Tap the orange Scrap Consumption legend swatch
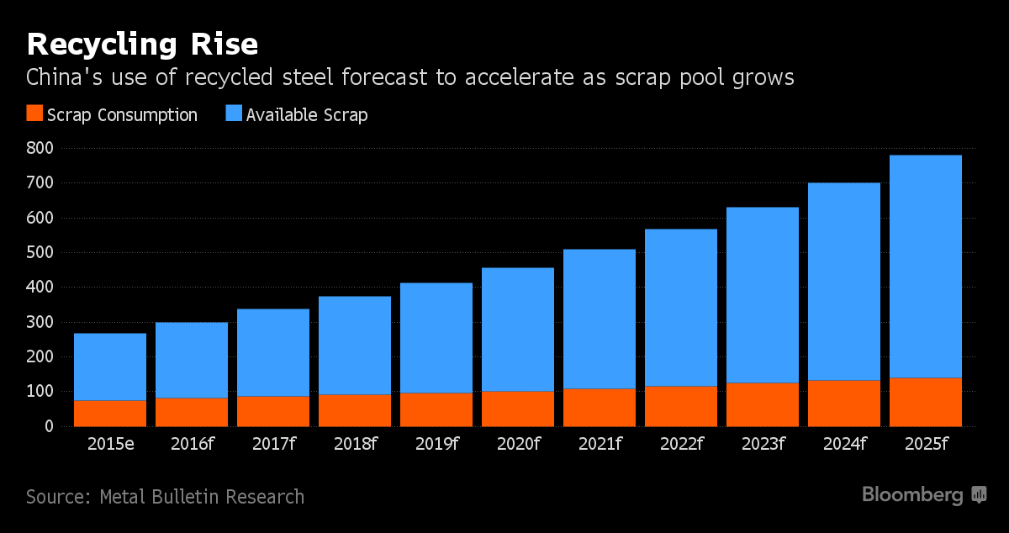34,114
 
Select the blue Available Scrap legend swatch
234,114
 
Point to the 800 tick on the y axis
40,149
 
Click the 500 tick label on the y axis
40,253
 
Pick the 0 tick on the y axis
49,427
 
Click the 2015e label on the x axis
110,444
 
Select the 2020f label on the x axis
518,444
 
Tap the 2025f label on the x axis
926,444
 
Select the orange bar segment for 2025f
926,403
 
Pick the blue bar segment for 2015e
110,367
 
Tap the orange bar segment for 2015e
110,414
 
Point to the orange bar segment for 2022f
681,406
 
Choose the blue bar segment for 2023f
763,295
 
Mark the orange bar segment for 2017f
273,411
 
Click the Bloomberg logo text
912,495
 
